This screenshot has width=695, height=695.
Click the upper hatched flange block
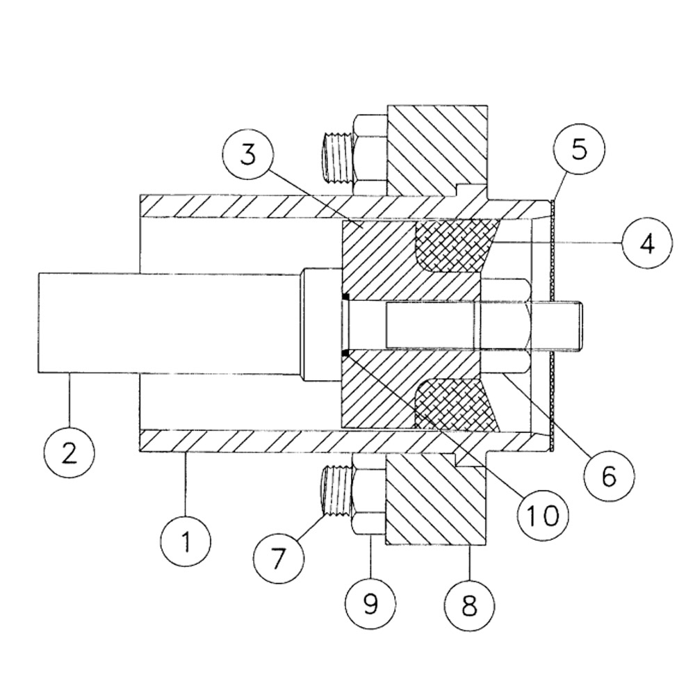(437, 151)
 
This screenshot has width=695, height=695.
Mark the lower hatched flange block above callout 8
(436, 498)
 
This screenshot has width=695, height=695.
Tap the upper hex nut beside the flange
(370, 154)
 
